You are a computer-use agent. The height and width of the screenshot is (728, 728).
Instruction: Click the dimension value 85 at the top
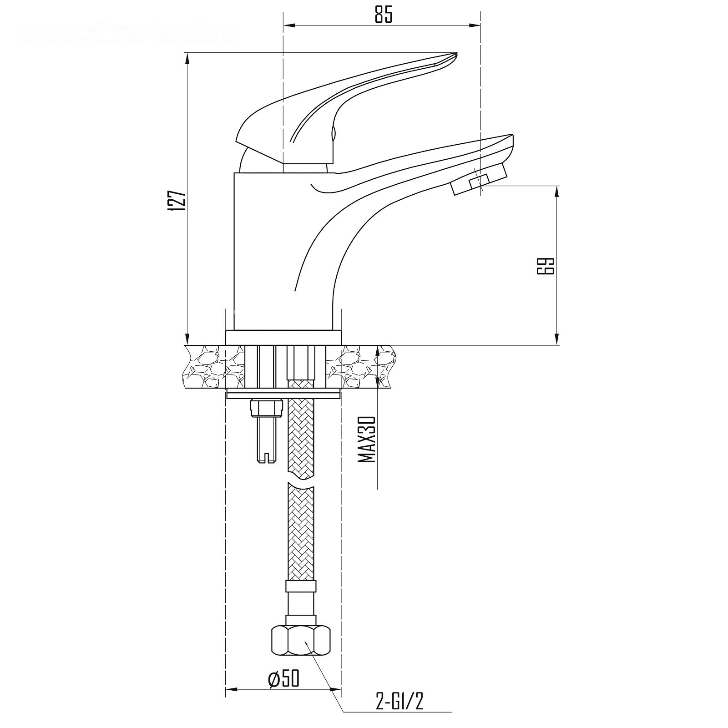(383, 15)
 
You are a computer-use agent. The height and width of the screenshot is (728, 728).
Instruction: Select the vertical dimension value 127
(177, 199)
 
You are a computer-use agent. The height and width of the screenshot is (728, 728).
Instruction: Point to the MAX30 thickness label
(367, 440)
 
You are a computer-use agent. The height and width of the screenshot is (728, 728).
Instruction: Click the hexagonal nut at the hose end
(300, 640)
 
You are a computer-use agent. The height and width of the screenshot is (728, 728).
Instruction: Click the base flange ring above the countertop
(283, 338)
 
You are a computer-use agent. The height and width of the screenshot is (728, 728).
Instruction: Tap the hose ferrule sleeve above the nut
(300, 597)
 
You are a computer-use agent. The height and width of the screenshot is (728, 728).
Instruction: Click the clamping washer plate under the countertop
(283, 395)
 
